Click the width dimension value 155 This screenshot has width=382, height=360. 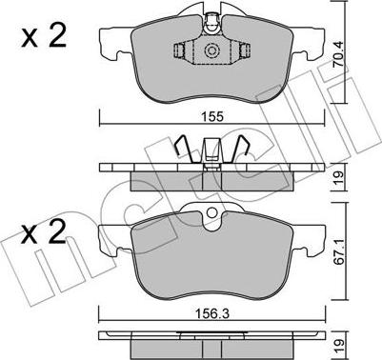[212, 117]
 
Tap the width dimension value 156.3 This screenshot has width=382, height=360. [212, 314]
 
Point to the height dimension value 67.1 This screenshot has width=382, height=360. [338, 251]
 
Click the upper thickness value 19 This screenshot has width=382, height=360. [339, 176]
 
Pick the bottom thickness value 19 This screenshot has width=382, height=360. [339, 344]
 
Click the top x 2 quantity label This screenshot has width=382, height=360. [44, 36]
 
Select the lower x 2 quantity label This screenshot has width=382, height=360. [44, 232]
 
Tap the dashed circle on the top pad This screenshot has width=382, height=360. [211, 50]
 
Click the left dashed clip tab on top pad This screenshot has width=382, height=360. [180, 51]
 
